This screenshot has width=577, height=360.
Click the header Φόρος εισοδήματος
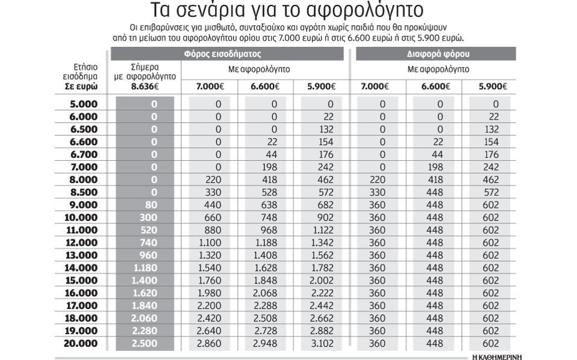coord(231,54)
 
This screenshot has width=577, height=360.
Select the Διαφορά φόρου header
coord(438,54)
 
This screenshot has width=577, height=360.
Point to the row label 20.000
coord(81,344)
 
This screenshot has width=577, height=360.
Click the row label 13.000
coord(81,255)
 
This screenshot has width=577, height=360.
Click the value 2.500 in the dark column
coord(145,344)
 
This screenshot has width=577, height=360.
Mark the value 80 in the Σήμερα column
coord(151,205)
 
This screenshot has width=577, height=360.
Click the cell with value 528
coord(267,192)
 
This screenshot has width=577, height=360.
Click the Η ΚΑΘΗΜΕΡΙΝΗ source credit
coord(497,357)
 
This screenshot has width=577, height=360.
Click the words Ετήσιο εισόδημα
coord(80,72)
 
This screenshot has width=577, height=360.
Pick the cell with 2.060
coord(145,318)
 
